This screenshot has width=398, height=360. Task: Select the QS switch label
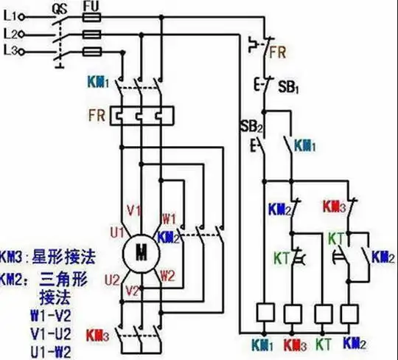[60, 6]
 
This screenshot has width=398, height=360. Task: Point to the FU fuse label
[91, 5]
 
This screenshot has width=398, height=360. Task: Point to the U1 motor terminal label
[117, 232]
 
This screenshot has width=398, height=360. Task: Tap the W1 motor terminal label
[169, 218]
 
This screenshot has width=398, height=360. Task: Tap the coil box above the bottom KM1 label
[264, 314]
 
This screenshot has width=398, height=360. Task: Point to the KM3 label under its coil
[293, 344]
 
